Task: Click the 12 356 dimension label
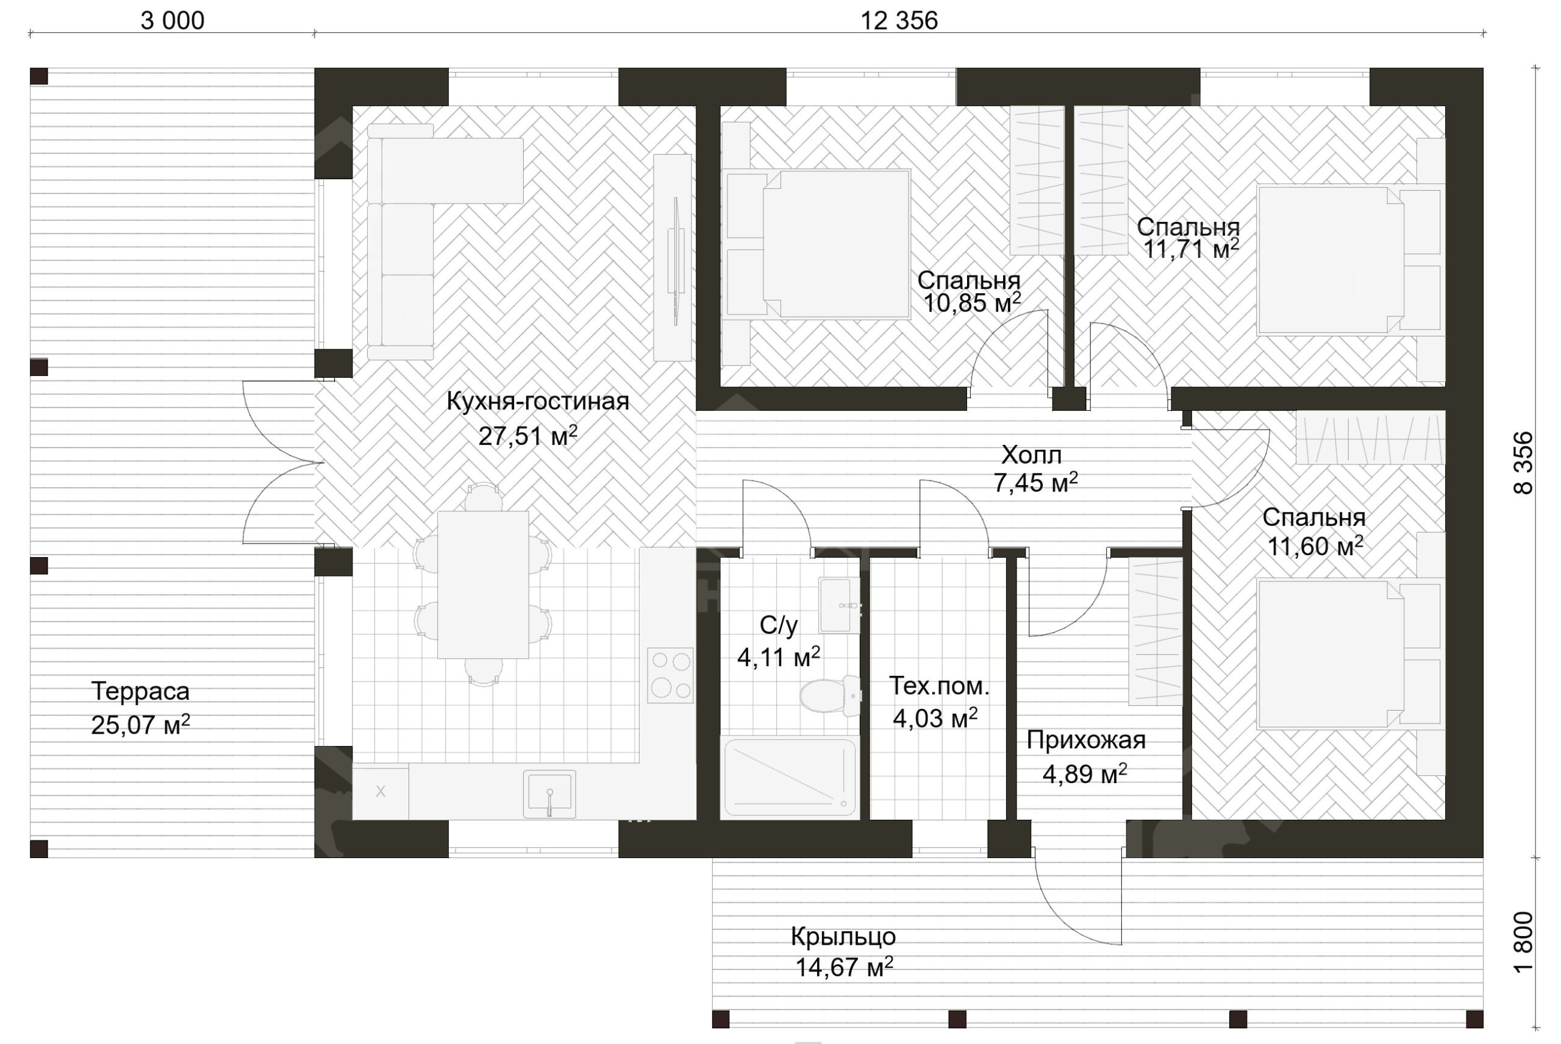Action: [899, 21]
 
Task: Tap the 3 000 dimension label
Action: [173, 21]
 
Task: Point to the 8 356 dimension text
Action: [1524, 463]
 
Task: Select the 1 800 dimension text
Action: [1524, 942]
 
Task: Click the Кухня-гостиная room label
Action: [537, 402]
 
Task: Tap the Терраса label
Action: [140, 691]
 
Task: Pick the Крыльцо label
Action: [843, 937]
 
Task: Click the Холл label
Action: [1032, 455]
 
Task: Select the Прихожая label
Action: [1085, 740]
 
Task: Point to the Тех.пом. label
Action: [939, 686]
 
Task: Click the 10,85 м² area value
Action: [971, 303]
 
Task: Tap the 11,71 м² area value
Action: [1191, 249]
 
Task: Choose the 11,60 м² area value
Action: [1315, 546]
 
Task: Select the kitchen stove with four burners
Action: [670, 675]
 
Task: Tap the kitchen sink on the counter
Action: [549, 794]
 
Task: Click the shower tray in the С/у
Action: [790, 777]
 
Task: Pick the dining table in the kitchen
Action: [483, 584]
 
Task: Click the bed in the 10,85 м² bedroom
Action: [819, 244]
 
